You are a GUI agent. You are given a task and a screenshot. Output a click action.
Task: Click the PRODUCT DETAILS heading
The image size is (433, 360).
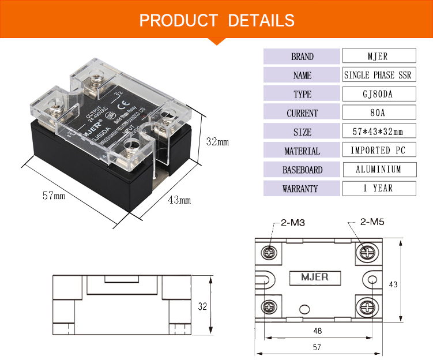pyautogui.click(x=217, y=21)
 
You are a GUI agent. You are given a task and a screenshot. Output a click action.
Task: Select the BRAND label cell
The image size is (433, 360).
pyautogui.click(x=302, y=57)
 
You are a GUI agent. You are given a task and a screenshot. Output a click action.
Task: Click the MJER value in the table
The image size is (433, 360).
pyautogui.click(x=379, y=57)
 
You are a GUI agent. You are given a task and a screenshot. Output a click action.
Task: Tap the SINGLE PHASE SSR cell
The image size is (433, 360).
pyautogui.click(x=379, y=76)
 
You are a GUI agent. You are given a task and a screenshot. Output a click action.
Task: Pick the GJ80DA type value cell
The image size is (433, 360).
pyautogui.click(x=379, y=94)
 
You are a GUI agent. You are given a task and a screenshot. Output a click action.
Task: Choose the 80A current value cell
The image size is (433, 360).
pyautogui.click(x=379, y=113)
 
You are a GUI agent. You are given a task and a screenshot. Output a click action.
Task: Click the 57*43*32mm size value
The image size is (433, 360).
pyautogui.click(x=379, y=132)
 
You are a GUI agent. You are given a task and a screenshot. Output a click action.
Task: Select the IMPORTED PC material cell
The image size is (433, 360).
pyautogui.click(x=379, y=151)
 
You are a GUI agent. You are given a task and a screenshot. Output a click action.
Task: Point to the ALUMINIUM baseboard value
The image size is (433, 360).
pyautogui.click(x=379, y=170)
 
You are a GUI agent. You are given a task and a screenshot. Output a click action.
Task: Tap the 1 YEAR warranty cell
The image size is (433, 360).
pyautogui.click(x=379, y=188)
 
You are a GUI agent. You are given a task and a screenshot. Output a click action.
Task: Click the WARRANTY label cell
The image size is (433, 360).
pyautogui.click(x=302, y=188)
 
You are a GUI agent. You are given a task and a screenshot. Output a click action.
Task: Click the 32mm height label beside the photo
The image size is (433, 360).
pyautogui.click(x=217, y=141)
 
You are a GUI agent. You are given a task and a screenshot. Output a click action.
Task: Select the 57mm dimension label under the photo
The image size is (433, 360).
pyautogui.click(x=54, y=196)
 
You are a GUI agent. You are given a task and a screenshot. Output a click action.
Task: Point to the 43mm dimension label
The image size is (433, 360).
pyautogui.click(x=179, y=200)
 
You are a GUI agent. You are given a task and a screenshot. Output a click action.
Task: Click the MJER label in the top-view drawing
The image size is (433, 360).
pyautogui.click(x=315, y=277)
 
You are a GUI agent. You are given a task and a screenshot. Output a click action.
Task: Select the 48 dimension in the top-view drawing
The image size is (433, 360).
pyautogui.click(x=318, y=331)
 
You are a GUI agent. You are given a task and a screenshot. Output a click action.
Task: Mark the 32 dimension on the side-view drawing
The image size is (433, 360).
pyautogui.click(x=202, y=306)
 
